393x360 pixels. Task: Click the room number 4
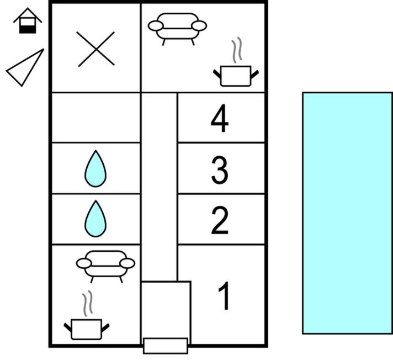coord(220,118)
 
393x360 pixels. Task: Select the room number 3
coord(220,170)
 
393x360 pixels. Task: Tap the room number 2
coord(220,220)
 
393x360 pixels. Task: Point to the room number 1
coord(224,295)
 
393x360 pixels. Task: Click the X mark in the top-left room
coord(96,49)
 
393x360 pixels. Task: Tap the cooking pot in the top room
coord(236,76)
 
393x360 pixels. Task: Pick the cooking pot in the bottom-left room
coord(87,329)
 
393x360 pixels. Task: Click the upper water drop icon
coord(95,169)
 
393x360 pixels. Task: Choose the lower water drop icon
coord(95,219)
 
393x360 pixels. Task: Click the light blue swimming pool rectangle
coord(347,213)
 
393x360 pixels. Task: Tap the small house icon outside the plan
coord(28,20)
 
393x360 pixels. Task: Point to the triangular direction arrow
coord(25,68)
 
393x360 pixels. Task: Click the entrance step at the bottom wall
coord(166,346)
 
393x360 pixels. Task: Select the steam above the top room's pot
coord(237,50)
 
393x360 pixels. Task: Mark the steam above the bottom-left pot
coord(87,303)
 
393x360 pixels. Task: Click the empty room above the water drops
coord(95,118)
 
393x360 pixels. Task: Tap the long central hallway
coord(159,187)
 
